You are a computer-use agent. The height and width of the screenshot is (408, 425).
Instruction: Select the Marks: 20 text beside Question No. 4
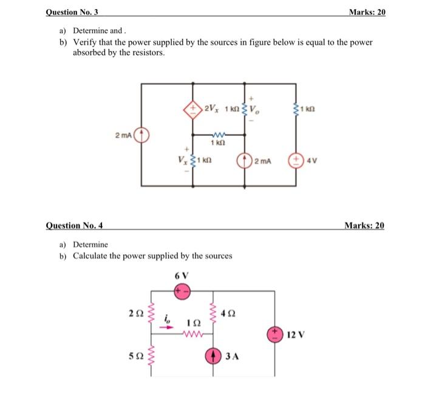364,226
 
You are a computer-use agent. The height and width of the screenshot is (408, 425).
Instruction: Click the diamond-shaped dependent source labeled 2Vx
192,110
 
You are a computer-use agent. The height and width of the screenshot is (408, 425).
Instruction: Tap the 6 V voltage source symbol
182,292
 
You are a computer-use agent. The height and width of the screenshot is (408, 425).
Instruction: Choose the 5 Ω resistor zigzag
151,355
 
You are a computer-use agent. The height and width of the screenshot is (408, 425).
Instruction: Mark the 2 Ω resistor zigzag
151,314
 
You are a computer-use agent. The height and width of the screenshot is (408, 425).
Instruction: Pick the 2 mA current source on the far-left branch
141,135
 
